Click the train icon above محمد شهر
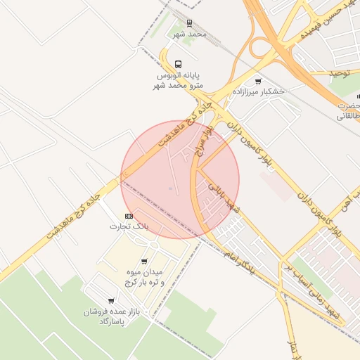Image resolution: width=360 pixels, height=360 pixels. point(189,23)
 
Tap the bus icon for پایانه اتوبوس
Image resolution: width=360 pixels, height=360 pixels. point(178,64)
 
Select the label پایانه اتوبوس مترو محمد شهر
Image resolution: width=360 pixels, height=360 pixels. point(179,79)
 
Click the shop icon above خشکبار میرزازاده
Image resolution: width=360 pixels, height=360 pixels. point(258,82)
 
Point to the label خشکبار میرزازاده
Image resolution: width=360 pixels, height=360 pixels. point(263,92)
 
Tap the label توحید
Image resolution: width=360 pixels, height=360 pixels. point(345,73)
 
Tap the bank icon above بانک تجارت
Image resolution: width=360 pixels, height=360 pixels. point(129,216)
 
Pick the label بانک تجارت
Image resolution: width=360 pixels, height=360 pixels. point(130,226)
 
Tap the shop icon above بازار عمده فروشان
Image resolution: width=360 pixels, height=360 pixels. point(111,301)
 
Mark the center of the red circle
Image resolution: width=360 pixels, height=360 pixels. point(180,179)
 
